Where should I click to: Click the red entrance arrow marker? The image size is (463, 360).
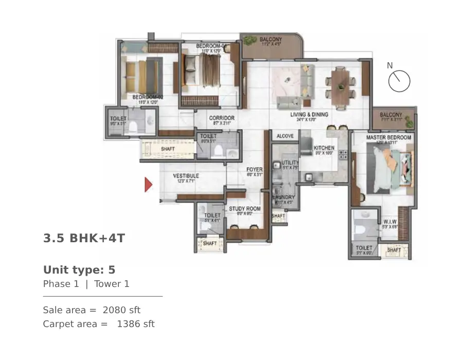(148, 184)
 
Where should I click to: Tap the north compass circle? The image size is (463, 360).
(399, 81)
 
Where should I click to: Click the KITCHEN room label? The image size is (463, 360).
(324, 148)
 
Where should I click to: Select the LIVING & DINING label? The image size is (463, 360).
(309, 115)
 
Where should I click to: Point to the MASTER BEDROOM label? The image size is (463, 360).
(388, 138)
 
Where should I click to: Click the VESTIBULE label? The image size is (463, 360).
(186, 176)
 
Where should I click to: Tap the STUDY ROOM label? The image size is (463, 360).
(244, 209)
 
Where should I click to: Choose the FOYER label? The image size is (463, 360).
(254, 169)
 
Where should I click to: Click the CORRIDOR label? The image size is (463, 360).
(222, 118)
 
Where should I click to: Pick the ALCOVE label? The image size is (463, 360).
(285, 136)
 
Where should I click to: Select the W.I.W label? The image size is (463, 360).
(389, 222)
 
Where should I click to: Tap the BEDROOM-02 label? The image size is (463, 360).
(148, 97)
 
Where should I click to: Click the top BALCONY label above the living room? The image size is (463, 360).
(271, 39)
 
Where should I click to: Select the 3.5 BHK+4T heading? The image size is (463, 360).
(84, 239)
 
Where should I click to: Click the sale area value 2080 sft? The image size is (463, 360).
(121, 310)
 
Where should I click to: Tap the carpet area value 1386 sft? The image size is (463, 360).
(136, 324)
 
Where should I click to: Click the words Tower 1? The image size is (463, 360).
(112, 284)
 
